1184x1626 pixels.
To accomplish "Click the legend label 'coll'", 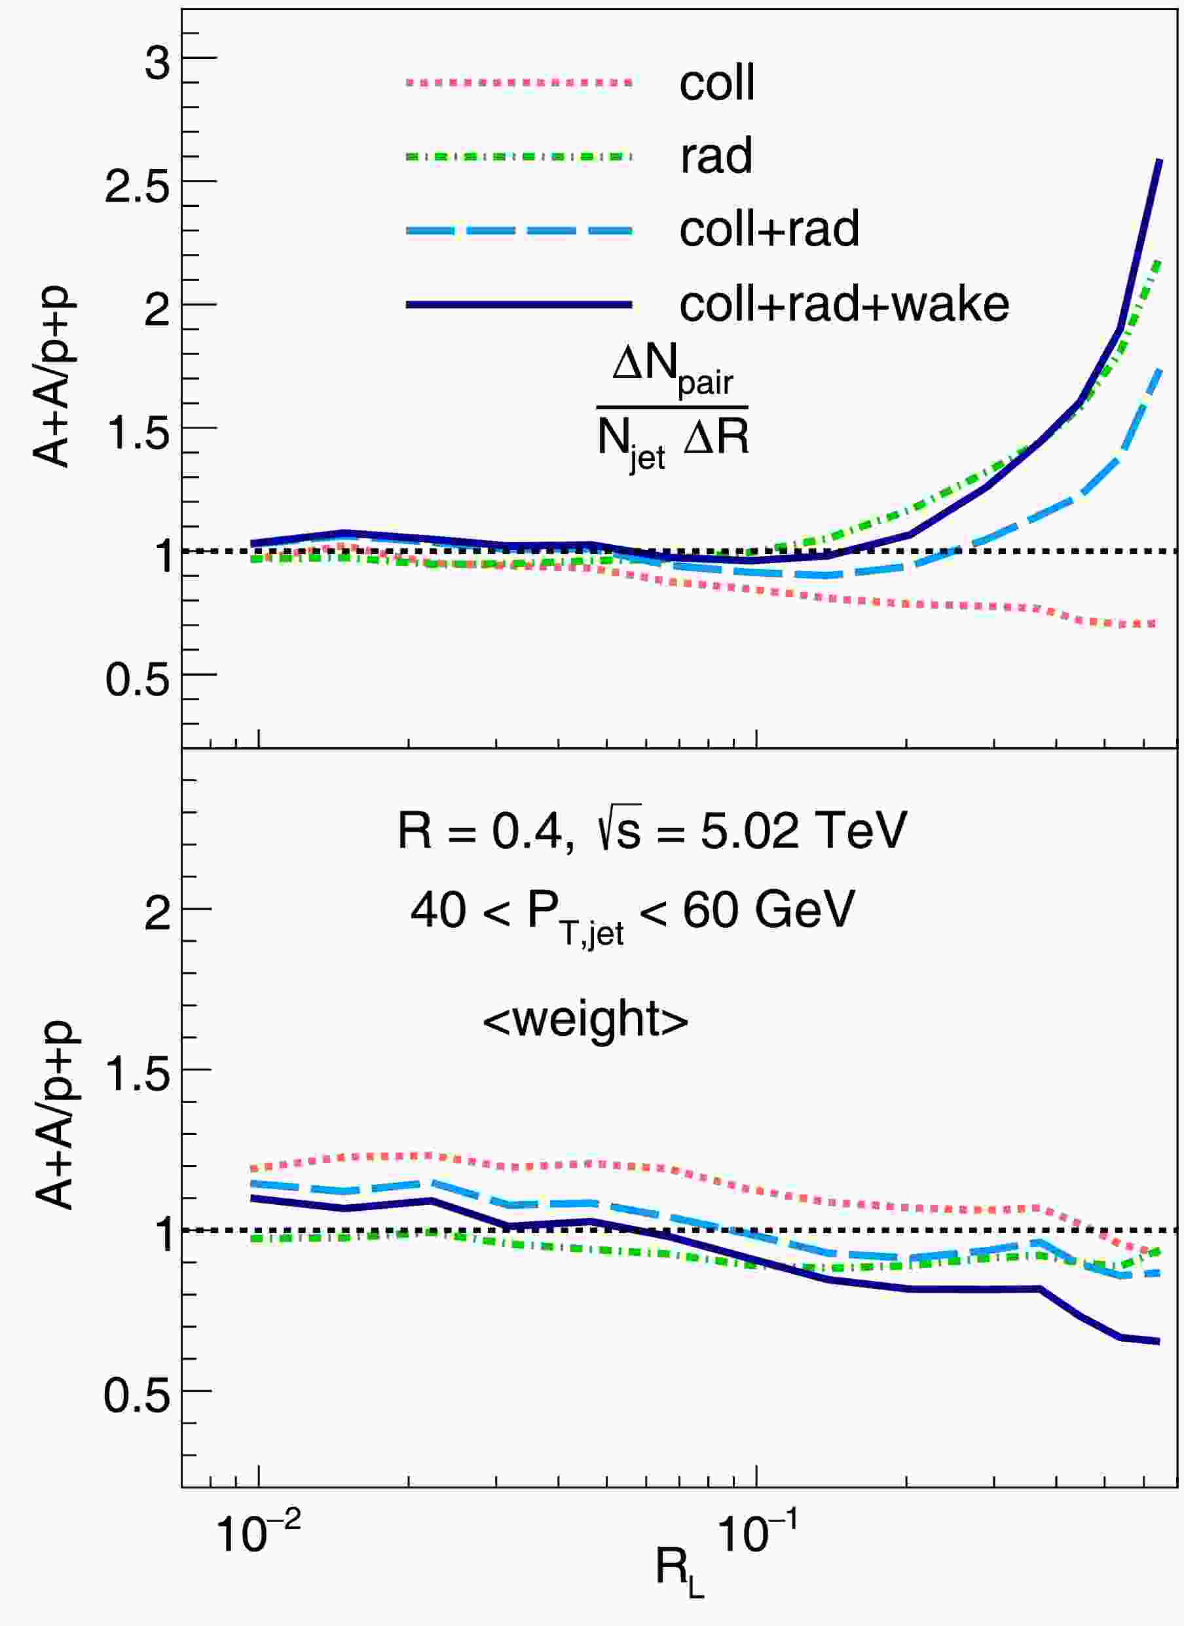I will pyautogui.click(x=716, y=83).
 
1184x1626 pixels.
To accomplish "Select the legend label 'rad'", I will pyautogui.click(x=716, y=156).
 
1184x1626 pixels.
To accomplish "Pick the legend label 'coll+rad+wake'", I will pyautogui.click(x=844, y=304).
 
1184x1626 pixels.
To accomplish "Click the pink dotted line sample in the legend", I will pyautogui.click(x=519, y=83).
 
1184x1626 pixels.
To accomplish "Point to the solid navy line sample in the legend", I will pyautogui.click(x=519, y=305).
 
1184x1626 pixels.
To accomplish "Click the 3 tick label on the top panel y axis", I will pyautogui.click(x=157, y=63).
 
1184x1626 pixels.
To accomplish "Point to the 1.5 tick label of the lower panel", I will pyautogui.click(x=138, y=1073).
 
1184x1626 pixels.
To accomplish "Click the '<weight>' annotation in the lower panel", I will pyautogui.click(x=585, y=1019).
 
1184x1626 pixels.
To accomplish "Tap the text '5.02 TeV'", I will pyautogui.click(x=804, y=832).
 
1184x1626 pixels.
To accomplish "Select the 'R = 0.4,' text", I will pyautogui.click(x=485, y=832).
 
